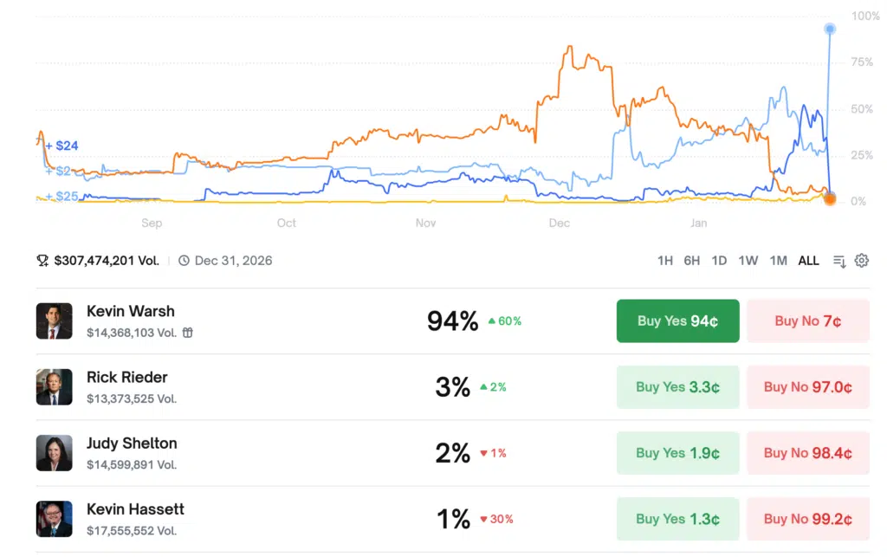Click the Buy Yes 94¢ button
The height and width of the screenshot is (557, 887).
[x=677, y=321]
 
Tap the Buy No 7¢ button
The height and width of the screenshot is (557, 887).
[x=807, y=321]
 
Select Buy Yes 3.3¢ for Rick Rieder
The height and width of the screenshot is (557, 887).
[x=677, y=387]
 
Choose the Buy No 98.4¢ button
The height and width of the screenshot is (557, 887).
[x=807, y=453]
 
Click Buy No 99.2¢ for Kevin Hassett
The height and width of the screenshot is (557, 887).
[x=807, y=519]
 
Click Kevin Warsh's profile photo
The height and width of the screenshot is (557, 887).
[x=54, y=321]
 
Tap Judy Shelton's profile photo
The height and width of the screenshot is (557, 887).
[x=54, y=453]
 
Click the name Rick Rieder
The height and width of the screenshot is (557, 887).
[x=127, y=377]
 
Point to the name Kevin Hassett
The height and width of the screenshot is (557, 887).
[x=135, y=508]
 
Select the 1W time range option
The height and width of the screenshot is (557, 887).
[x=748, y=260]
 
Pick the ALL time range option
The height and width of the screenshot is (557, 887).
[x=808, y=260]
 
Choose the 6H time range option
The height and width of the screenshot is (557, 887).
[x=691, y=260]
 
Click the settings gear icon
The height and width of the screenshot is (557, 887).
[x=861, y=260]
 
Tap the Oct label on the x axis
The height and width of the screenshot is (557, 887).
[x=287, y=223]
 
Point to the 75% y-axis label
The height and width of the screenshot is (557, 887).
[x=862, y=62]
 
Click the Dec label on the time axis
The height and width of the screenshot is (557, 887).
[x=560, y=223]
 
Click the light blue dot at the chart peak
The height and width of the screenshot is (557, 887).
[x=830, y=29]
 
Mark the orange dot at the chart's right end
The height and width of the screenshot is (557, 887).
[x=829, y=199]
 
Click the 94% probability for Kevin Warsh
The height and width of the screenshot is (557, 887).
[x=452, y=321]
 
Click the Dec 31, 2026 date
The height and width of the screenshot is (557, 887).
[x=233, y=260]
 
